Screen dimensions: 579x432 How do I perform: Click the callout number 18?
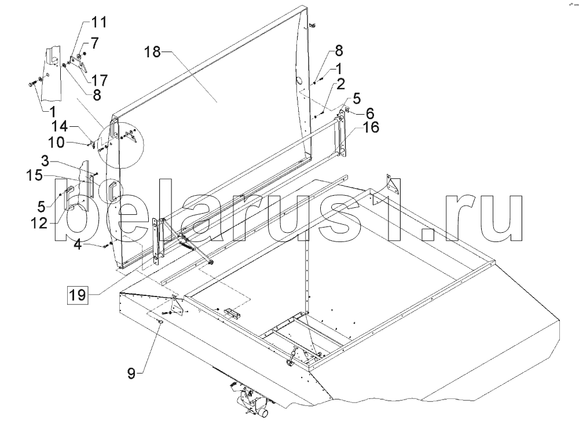tap(152, 52)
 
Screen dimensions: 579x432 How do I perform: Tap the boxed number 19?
tap(78, 295)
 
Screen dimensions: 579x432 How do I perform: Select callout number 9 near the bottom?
tap(131, 374)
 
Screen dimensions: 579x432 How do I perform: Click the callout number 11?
tap(98, 22)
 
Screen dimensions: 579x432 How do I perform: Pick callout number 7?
tap(95, 43)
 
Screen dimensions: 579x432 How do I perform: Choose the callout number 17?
tap(99, 80)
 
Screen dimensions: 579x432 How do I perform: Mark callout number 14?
tap(60, 127)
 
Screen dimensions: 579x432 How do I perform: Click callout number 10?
tap(57, 142)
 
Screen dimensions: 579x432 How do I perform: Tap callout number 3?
tap(45, 161)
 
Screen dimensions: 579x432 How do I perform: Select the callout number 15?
tap(34, 175)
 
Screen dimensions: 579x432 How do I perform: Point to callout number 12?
tap(39, 223)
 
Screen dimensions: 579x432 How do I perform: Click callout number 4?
tap(78, 244)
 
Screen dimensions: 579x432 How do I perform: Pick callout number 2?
tap(340, 84)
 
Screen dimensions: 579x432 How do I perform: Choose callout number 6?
tap(370, 113)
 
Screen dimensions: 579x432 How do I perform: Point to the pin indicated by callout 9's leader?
tap(160, 322)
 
